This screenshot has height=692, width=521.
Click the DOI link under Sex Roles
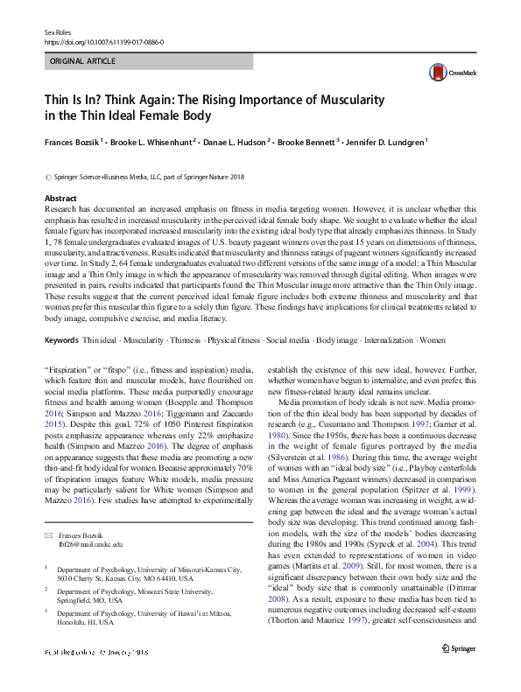click(x=102, y=41)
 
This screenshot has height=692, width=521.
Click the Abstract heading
click(x=60, y=199)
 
